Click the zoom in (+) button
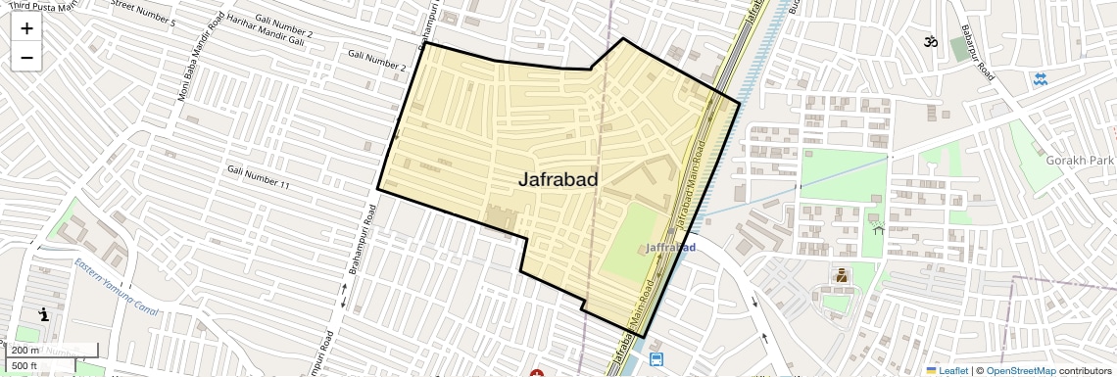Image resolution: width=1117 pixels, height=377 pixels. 26,28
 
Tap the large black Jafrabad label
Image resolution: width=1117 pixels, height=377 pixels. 558,179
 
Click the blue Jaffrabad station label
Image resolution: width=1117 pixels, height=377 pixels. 672,248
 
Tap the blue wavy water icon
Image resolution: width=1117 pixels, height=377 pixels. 1040,78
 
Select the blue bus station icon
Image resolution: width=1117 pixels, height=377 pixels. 656,359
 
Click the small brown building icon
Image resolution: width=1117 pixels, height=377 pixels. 841,276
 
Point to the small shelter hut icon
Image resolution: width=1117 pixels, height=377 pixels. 878,228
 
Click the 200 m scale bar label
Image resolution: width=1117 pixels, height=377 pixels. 26,351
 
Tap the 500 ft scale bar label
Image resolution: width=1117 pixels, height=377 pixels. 25,365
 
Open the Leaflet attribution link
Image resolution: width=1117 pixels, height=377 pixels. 947,370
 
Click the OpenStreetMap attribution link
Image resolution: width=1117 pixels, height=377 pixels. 1020,370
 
